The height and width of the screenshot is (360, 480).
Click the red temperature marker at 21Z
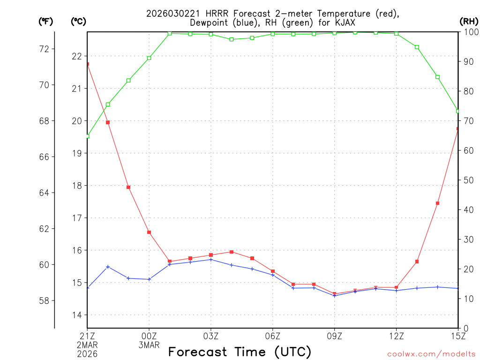point(88,64)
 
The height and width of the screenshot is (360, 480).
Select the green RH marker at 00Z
point(149,58)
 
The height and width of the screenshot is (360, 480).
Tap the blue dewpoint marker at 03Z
point(211,259)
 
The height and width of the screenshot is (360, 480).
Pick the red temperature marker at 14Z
point(437,203)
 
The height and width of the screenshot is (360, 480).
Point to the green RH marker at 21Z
point(88,136)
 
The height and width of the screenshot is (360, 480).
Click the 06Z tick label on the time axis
point(272,336)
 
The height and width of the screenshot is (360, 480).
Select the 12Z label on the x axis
point(396,336)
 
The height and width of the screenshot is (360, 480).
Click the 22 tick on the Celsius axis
point(77,56)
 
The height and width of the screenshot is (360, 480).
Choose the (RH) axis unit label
point(468,21)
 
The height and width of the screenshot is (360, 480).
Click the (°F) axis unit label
point(46,21)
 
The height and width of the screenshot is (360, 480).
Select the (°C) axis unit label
point(78,21)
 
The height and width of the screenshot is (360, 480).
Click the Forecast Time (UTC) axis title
point(240,352)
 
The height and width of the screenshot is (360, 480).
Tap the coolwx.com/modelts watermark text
point(431,354)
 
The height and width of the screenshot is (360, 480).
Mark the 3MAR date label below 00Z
point(149,345)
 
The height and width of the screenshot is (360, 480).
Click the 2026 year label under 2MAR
point(87,354)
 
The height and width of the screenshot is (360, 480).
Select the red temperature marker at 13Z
point(417,262)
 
